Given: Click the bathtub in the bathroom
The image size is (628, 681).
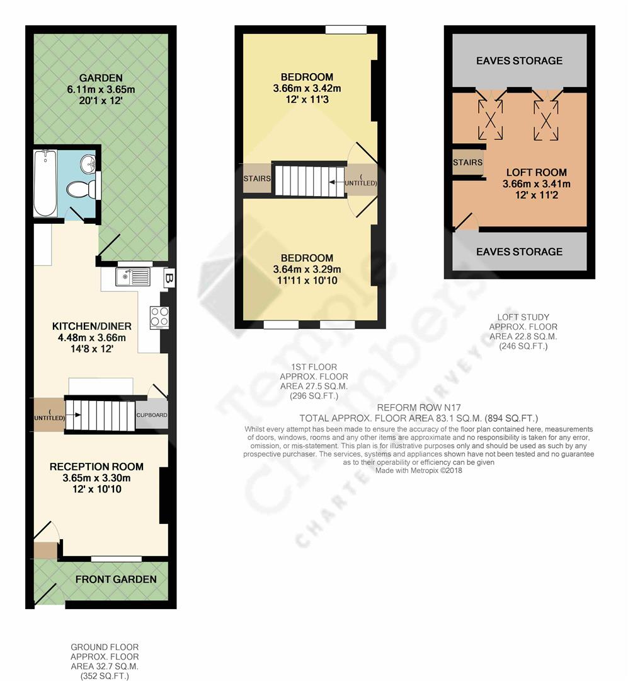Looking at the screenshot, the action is pyautogui.click(x=45, y=183).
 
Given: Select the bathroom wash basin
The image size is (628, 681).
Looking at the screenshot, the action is pyautogui.click(x=89, y=163).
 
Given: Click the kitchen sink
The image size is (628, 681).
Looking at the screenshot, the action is pyautogui.click(x=133, y=277).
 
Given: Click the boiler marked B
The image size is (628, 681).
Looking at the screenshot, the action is pyautogui.click(x=169, y=278).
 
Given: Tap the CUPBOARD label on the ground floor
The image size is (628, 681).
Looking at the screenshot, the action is pyautogui.click(x=152, y=415).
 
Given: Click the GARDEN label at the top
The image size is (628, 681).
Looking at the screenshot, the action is pyautogui.click(x=101, y=78).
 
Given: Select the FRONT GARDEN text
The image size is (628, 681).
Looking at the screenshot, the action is pyautogui.click(x=116, y=579).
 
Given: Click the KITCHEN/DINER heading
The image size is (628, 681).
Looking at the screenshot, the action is pyautogui.click(x=91, y=326).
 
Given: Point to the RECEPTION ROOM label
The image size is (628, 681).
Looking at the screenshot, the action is pyautogui.click(x=96, y=467).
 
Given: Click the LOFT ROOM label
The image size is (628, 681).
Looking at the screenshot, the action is pyautogui.click(x=537, y=172).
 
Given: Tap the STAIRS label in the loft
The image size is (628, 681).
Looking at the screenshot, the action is pyautogui.click(x=467, y=163).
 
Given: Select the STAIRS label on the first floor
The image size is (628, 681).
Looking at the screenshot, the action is pyautogui.click(x=257, y=178).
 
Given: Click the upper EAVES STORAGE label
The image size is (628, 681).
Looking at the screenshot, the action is pyautogui.click(x=519, y=61).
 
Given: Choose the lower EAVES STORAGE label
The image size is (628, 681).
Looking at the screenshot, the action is pyautogui.click(x=519, y=252).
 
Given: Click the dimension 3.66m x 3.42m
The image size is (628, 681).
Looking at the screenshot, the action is pyautogui.click(x=307, y=89).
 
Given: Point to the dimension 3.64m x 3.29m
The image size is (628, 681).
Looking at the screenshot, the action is pyautogui.click(x=307, y=269).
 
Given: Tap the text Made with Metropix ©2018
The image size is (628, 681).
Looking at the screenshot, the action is pyautogui.click(x=419, y=470).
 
